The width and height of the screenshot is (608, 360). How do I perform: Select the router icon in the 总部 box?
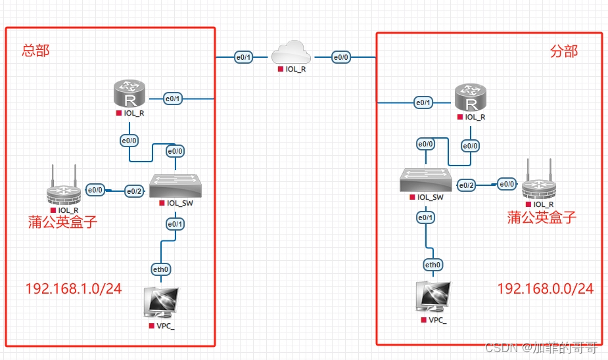click(129, 93)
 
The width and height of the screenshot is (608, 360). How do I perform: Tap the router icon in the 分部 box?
click(471, 97)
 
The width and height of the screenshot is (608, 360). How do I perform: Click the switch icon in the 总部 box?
click(175, 185)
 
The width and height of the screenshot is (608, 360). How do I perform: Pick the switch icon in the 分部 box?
click(426, 180)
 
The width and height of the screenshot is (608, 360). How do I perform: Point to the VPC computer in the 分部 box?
click(434, 297)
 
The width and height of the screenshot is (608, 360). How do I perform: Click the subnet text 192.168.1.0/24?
click(74, 288)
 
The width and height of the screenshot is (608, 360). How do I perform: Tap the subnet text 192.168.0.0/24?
click(545, 288)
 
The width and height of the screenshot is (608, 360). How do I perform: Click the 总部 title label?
click(35, 51)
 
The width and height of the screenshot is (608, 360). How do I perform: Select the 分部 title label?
click(564, 51)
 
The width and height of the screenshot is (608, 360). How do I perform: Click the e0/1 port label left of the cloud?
click(243, 57)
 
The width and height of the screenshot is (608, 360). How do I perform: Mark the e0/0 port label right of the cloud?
click(341, 57)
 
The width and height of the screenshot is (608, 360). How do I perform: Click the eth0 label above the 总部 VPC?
click(160, 269)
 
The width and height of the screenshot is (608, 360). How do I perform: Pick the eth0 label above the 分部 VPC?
click(433, 265)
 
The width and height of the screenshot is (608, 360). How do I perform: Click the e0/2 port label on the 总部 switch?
click(134, 191)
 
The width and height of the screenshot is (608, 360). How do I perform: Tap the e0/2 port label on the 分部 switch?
click(467, 185)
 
